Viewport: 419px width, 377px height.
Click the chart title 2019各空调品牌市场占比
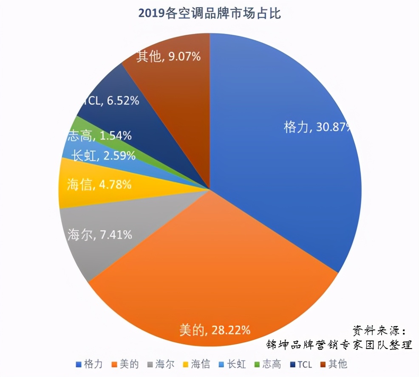(209, 14)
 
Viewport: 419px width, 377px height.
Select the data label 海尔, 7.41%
(99, 234)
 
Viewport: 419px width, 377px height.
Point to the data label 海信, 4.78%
(99, 185)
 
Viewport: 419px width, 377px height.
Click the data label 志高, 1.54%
(99, 136)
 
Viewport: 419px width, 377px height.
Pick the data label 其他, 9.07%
(168, 56)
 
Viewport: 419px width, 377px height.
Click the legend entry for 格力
(89, 364)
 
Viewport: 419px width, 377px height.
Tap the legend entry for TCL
(300, 364)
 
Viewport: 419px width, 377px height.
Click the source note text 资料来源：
(379, 330)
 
